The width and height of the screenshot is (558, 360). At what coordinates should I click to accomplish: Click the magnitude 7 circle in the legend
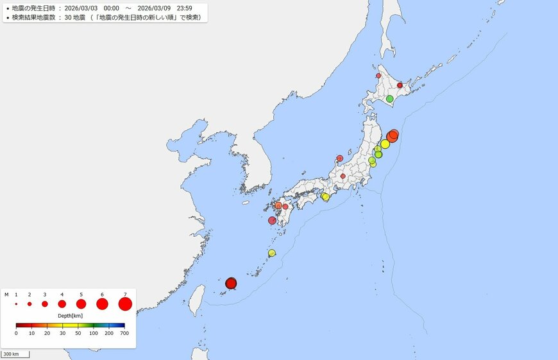tap(125, 304)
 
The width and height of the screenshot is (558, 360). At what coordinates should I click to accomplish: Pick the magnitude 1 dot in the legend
tap(16, 304)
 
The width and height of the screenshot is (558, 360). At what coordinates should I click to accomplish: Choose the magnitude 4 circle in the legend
tap(62, 304)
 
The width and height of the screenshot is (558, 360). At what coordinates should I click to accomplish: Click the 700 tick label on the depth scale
tap(124, 334)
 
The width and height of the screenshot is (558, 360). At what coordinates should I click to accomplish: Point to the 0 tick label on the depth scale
tap(17, 334)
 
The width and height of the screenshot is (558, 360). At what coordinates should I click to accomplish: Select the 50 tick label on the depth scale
tap(78, 334)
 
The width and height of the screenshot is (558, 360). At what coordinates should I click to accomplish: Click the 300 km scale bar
tap(15, 354)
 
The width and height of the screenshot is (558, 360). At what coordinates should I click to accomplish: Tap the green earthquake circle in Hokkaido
tap(389, 99)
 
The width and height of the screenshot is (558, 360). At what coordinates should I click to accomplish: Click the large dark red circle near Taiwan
tap(231, 283)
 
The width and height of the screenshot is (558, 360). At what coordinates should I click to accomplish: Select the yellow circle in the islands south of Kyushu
tap(272, 253)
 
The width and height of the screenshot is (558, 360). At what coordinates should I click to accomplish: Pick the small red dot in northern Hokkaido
tap(378, 76)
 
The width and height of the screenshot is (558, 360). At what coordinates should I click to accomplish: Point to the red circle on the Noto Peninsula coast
tap(340, 158)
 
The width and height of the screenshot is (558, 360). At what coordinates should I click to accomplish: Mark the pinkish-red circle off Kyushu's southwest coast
tap(272, 220)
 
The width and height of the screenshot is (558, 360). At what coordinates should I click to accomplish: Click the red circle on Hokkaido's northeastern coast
tap(400, 85)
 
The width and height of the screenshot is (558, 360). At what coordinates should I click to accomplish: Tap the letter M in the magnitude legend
tap(6, 294)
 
